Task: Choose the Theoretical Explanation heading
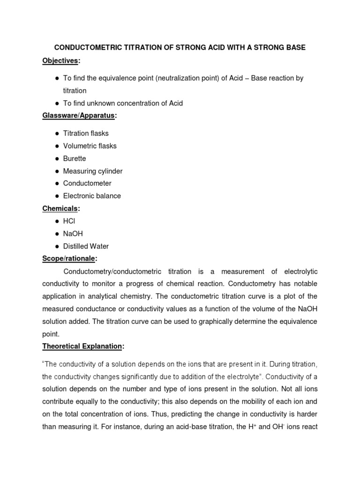[x=82, y=346]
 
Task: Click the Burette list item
[x=75, y=158]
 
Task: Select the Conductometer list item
[x=87, y=183]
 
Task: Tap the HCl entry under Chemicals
[x=69, y=221]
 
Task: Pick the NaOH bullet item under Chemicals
[x=73, y=233]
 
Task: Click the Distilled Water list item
[x=86, y=246]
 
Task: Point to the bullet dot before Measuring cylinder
[x=57, y=171]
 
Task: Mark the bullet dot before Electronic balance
[x=57, y=196]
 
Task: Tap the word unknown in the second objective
[x=100, y=103]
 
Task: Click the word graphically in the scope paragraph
[x=216, y=322]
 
